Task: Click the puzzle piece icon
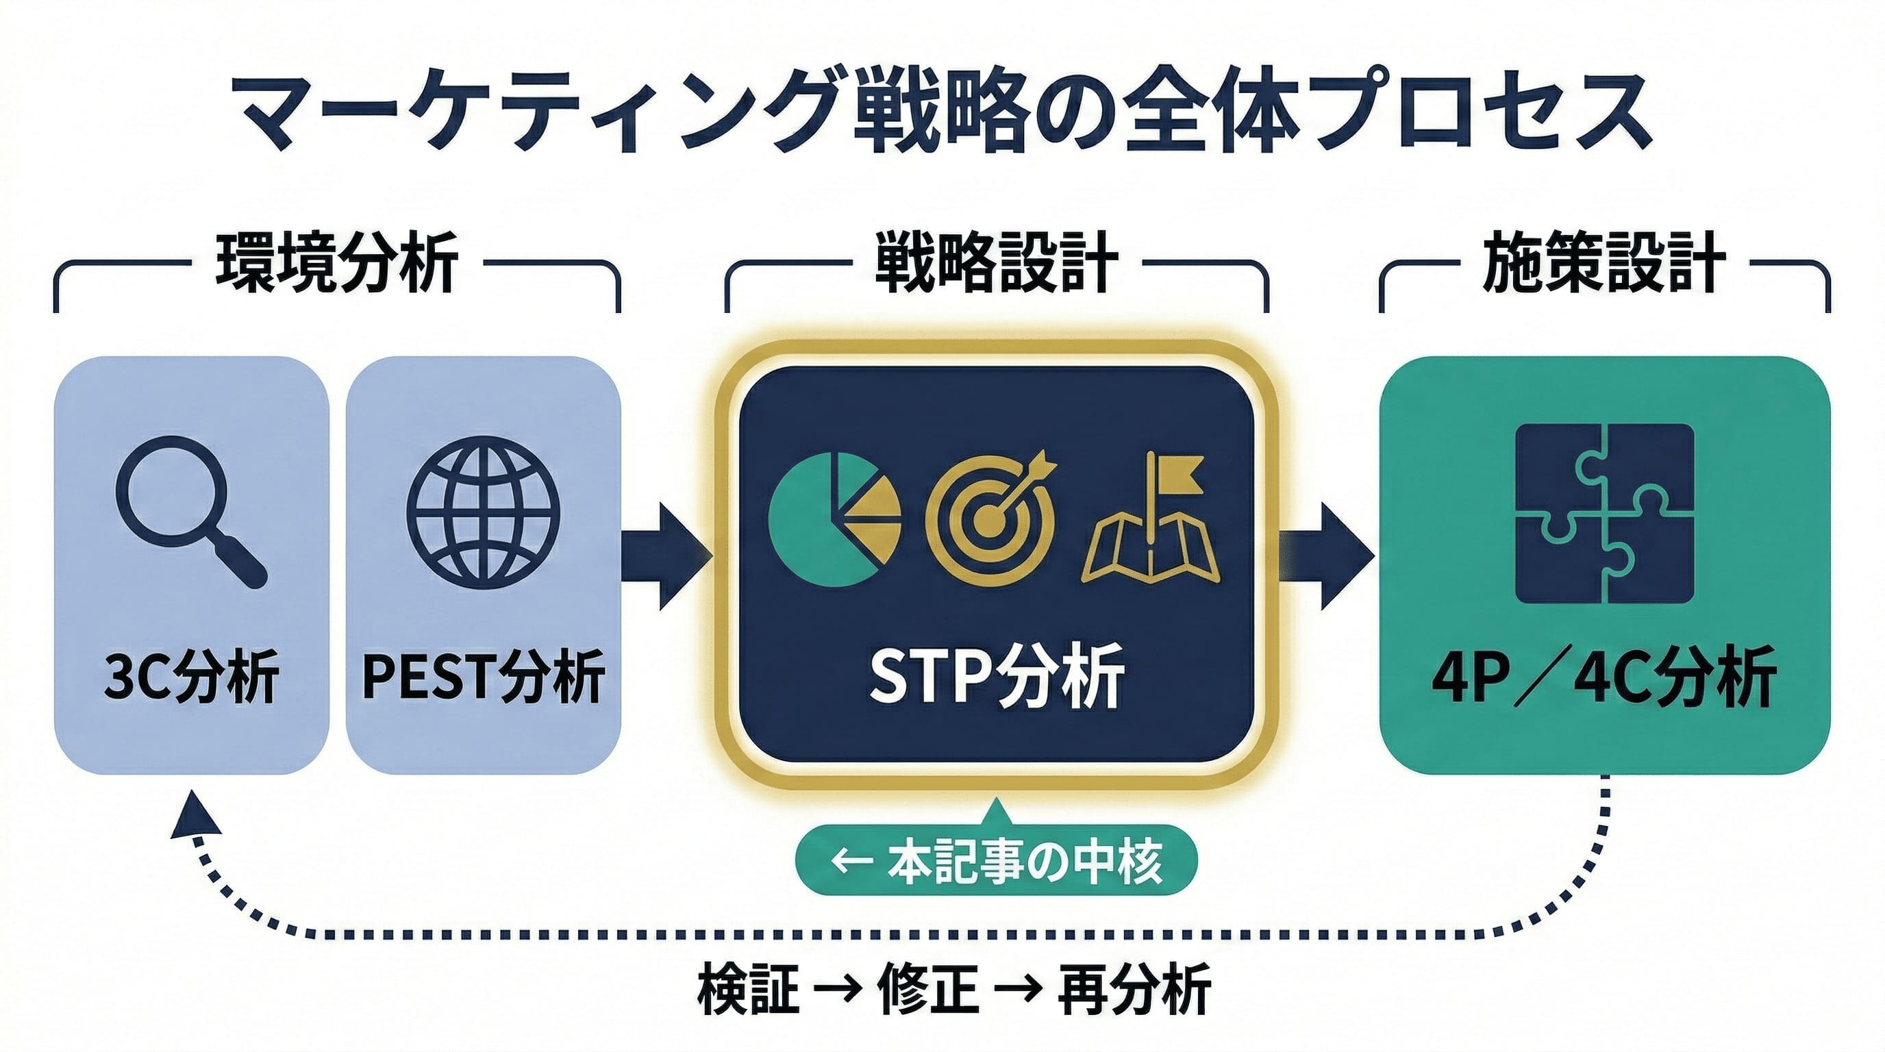click(1605, 514)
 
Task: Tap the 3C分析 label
click(192, 677)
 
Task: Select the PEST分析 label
click(483, 677)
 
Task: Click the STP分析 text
click(997, 677)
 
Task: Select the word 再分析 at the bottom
click(1135, 990)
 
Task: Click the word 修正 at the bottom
click(929, 990)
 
